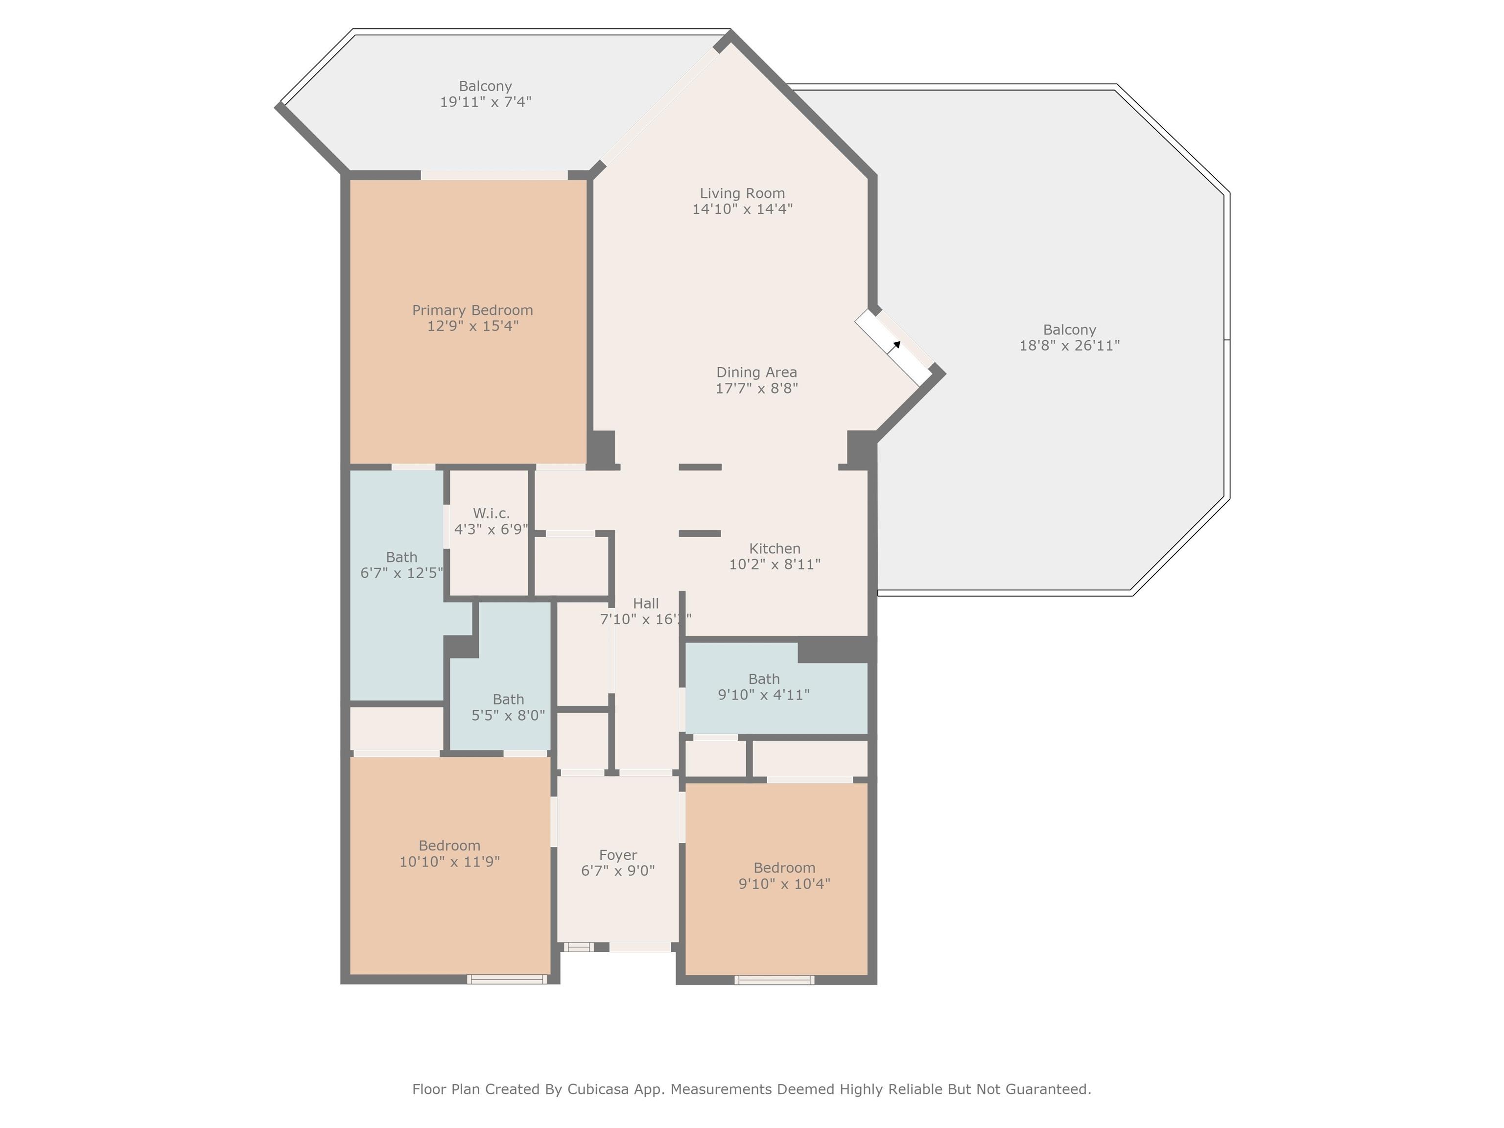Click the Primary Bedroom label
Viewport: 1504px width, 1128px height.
[472, 310]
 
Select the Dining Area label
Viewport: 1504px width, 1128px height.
[757, 373]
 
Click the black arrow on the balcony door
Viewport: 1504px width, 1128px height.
[896, 346]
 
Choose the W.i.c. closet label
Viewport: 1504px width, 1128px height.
[491, 514]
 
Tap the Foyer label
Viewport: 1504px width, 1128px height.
[618, 855]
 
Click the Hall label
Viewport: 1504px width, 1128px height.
[646, 603]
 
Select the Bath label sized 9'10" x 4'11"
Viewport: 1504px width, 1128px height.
[764, 679]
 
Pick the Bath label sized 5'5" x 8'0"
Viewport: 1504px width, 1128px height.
[509, 699]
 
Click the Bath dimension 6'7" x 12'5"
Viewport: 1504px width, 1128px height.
[402, 573]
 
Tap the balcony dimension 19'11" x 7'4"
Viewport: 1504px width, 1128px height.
[486, 102]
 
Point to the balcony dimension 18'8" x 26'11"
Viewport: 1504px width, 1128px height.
[1070, 346]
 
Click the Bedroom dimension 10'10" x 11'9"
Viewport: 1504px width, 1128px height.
[449, 862]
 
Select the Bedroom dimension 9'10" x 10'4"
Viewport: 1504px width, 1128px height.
[785, 884]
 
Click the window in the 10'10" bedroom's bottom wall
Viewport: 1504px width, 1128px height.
[507, 979]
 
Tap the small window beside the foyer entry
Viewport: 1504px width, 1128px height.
[579, 946]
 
